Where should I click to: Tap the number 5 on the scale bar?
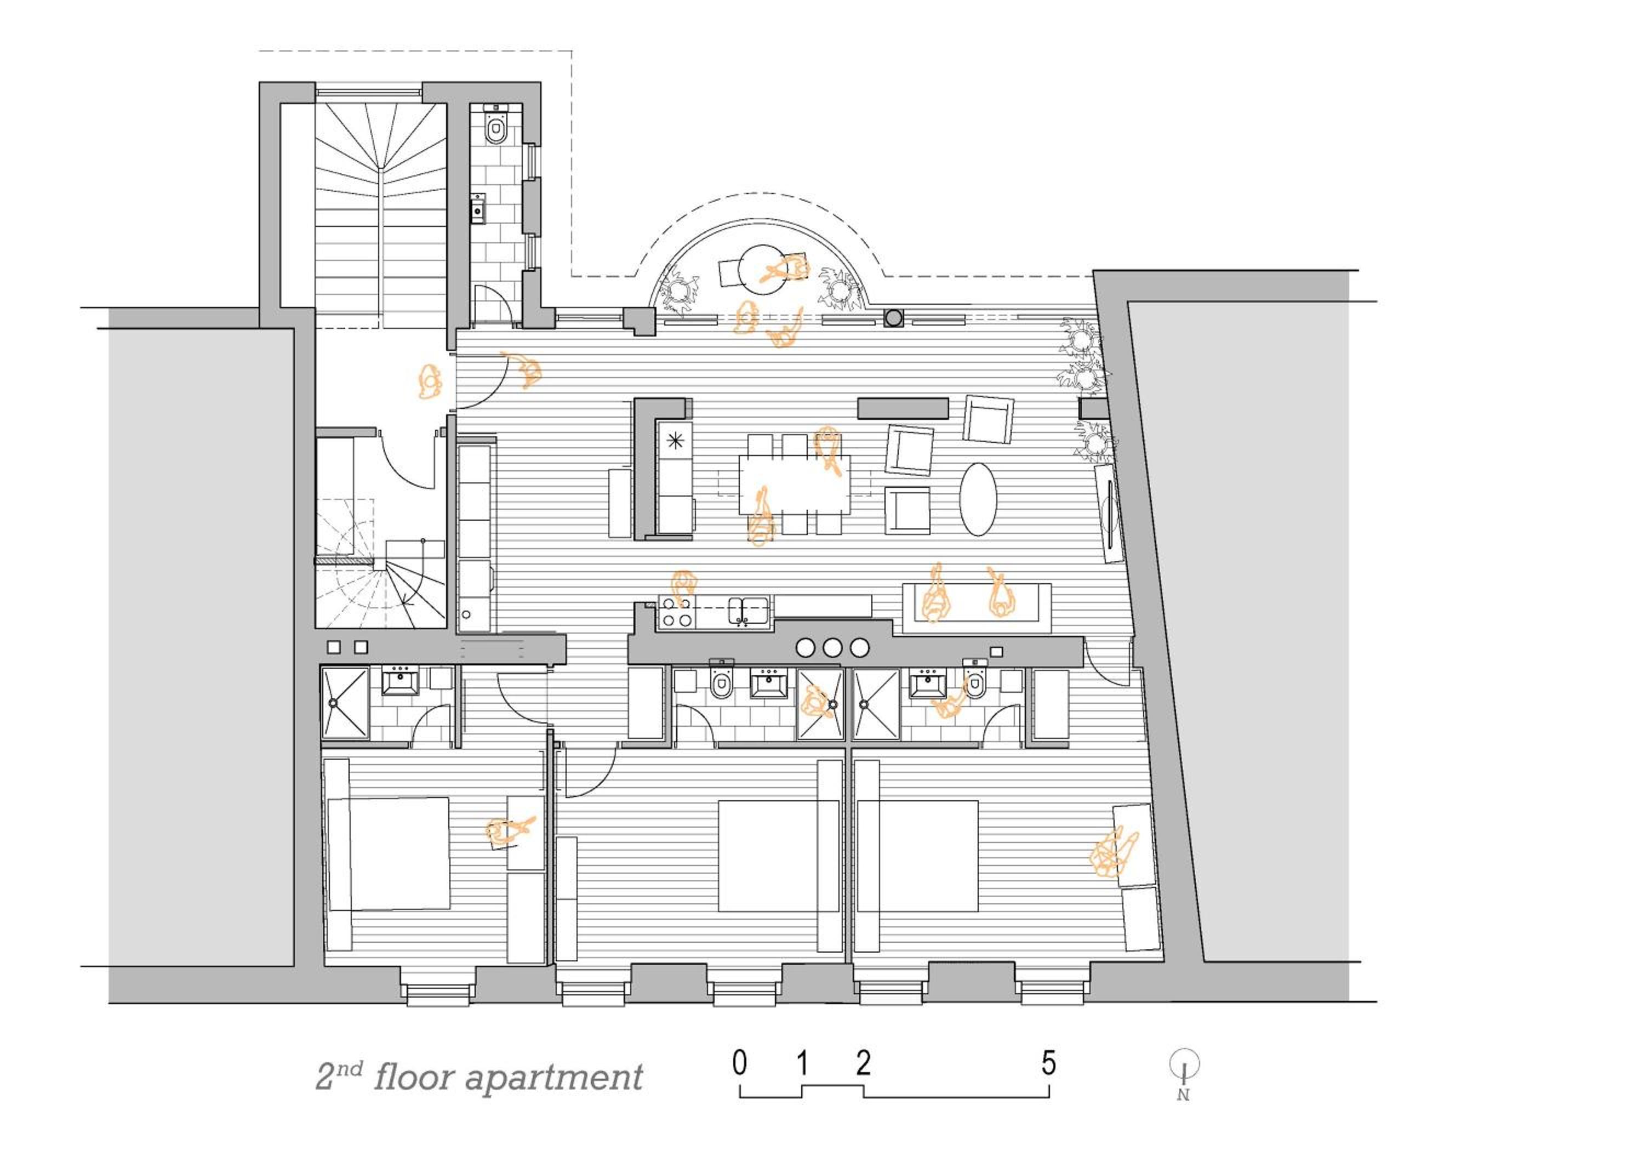1049,1063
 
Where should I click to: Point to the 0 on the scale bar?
740,1063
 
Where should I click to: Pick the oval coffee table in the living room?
978,499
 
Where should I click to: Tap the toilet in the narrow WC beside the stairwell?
495,128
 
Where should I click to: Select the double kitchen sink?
749,611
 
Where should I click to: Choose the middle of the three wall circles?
832,648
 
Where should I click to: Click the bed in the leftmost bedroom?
388,853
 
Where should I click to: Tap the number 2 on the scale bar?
864,1063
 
